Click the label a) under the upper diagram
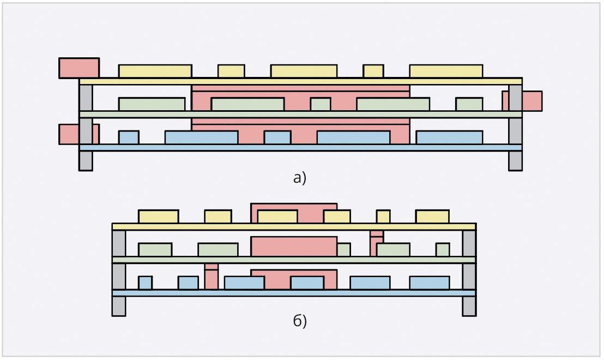[300, 178]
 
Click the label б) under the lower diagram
[300, 321]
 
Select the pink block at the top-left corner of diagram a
[79, 68]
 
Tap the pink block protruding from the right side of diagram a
[532, 101]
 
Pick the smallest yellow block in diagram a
[373, 71]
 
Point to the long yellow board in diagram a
[300, 81]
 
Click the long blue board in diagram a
[300, 148]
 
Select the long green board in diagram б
[294, 260]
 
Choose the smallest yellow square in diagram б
[383, 217]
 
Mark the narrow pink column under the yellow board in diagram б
[376, 243]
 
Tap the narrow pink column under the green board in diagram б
[212, 277]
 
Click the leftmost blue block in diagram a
[129, 137]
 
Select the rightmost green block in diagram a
[469, 104]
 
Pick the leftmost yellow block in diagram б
[158, 217]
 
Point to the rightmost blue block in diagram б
[430, 283]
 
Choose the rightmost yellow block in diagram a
[446, 71]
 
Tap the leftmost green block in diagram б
[155, 250]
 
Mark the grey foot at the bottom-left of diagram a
[86, 161]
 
